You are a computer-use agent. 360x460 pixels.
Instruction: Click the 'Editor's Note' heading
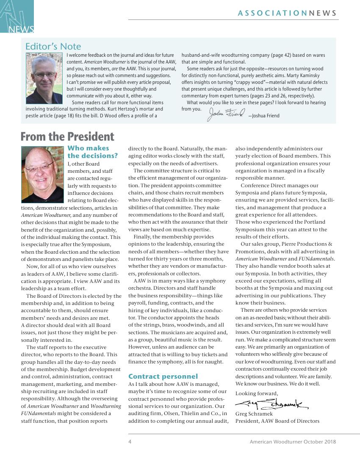point(53,46)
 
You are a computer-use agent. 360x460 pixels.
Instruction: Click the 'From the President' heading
point(67,136)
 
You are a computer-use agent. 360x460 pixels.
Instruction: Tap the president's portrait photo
point(42,169)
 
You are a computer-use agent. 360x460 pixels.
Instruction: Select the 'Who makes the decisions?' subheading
point(92,152)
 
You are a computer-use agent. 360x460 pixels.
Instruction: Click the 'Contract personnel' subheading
point(163,376)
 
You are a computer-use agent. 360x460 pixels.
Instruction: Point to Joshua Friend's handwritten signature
point(226,114)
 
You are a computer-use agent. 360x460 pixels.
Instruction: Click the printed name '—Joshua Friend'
point(264,116)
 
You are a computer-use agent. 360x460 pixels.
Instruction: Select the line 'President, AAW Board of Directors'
point(277,421)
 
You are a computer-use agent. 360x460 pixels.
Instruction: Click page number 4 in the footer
point(130,442)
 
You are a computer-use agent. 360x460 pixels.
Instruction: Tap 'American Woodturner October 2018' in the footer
point(293,442)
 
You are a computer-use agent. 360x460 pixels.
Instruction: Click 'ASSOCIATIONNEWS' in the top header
point(287,13)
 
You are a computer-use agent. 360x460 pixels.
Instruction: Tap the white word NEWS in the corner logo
point(21,29)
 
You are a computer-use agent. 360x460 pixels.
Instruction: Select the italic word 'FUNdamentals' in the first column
point(41,413)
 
